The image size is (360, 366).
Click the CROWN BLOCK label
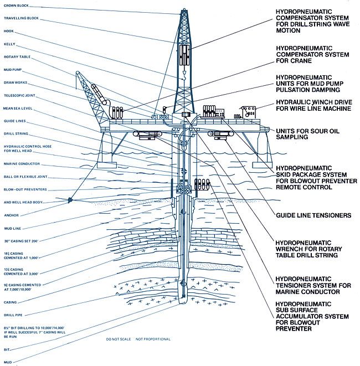[17, 6]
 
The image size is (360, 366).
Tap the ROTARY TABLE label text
[18, 57]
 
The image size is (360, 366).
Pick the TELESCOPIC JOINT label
[20, 96]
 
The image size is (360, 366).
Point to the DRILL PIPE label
[14, 315]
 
